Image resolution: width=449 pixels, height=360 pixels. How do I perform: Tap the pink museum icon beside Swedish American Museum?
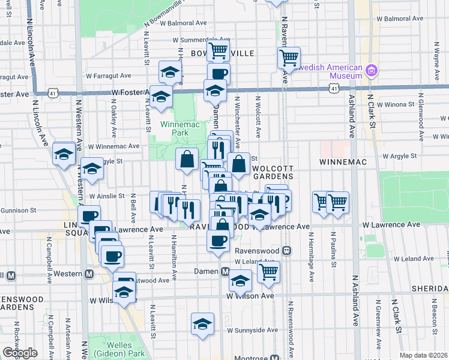(372, 71)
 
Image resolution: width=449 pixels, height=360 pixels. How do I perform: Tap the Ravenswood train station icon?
(287, 250)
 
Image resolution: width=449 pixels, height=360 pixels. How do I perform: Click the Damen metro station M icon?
(225, 272)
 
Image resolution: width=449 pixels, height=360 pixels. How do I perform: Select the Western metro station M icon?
(89, 274)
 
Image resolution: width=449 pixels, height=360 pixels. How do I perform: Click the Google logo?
(20, 353)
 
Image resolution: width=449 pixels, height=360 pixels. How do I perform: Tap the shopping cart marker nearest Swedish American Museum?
(289, 58)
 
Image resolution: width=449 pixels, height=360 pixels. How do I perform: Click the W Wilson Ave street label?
(250, 296)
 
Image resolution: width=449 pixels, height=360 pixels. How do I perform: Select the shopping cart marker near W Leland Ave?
(268, 272)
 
